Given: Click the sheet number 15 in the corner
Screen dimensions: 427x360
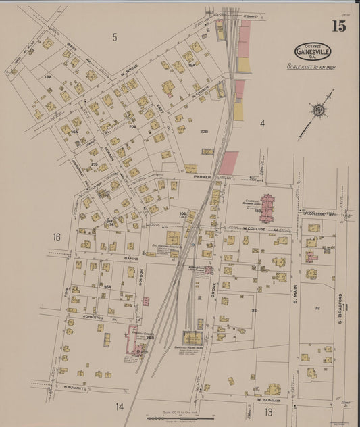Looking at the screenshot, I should (338, 26).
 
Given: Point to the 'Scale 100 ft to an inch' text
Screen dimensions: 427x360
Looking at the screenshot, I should (311, 67).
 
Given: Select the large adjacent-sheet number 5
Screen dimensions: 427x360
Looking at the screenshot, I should (115, 37).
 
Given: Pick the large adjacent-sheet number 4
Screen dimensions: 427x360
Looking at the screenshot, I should (263, 124).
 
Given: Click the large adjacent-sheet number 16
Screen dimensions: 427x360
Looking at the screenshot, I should (57, 236).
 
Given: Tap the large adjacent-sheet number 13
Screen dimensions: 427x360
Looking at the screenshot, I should (269, 411).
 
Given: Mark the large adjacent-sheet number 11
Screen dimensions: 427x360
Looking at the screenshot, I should (345, 308).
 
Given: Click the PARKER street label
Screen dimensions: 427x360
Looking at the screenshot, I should (202, 177).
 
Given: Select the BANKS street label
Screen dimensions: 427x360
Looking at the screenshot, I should (112, 258).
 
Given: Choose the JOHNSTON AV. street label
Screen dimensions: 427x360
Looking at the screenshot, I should (86, 314).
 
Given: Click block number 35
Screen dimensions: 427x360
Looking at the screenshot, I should (254, 311).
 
